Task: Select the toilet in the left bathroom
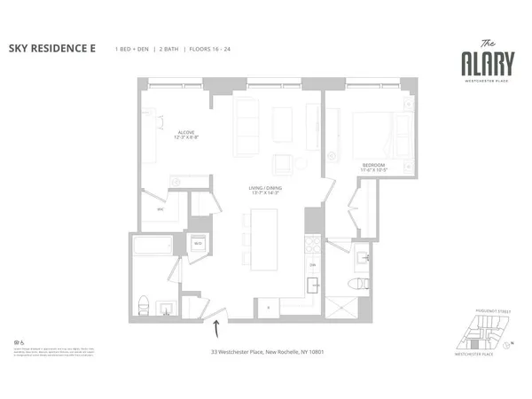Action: (144, 305)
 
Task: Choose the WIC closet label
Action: (160, 209)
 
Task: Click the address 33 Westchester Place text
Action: (265, 352)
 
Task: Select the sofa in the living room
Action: (246, 119)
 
